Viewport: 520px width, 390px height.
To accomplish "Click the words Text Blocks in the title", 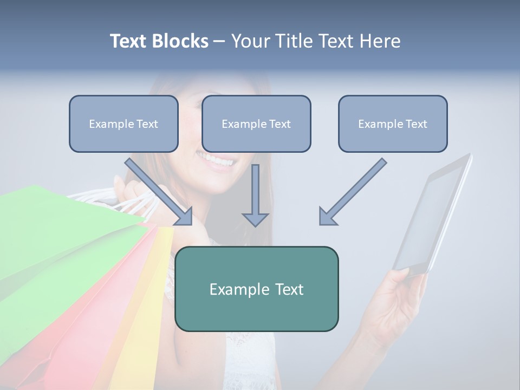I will tap(159, 41).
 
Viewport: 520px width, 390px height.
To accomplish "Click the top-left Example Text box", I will tap(123, 123).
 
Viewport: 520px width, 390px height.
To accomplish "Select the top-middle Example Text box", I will tap(256, 123).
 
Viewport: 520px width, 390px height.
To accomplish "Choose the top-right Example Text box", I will tap(393, 123).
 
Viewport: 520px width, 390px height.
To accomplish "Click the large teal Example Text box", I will tap(256, 289).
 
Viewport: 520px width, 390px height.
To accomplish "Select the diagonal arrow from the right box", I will tap(353, 192).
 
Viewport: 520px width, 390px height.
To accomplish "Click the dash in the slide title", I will tap(219, 41).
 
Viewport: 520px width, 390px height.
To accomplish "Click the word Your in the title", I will tap(250, 41).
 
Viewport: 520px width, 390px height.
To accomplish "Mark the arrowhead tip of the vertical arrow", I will tap(255, 225).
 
